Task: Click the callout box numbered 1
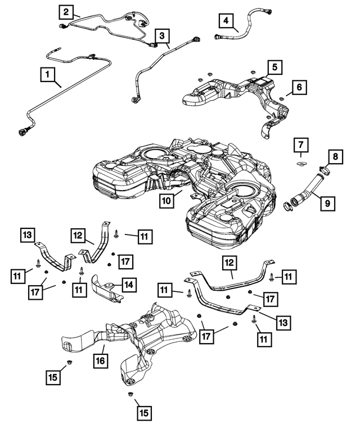pyautogui.click(x=48, y=73)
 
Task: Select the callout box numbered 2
pyautogui.click(x=66, y=11)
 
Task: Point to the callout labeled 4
pyautogui.click(x=227, y=22)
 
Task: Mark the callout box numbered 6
pyautogui.click(x=299, y=87)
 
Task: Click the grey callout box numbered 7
pyautogui.click(x=300, y=146)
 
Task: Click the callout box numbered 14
pyautogui.click(x=129, y=285)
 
